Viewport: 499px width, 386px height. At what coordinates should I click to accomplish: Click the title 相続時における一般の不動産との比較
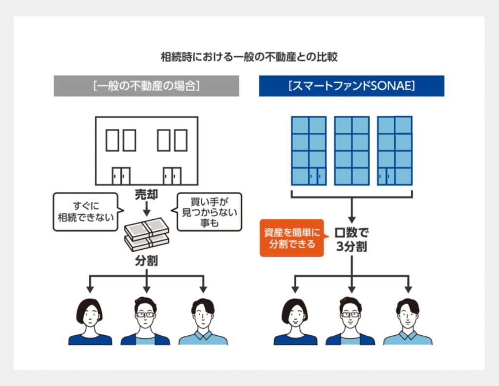249,57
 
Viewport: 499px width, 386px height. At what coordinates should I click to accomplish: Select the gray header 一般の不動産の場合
146,86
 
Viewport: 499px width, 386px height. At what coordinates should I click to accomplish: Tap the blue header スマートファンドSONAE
351,86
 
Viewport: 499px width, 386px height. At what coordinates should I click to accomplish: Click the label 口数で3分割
352,239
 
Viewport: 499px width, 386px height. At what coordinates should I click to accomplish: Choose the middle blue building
352,151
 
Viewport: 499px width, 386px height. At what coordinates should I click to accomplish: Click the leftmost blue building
309,151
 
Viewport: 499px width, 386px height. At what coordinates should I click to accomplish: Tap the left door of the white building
121,176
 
